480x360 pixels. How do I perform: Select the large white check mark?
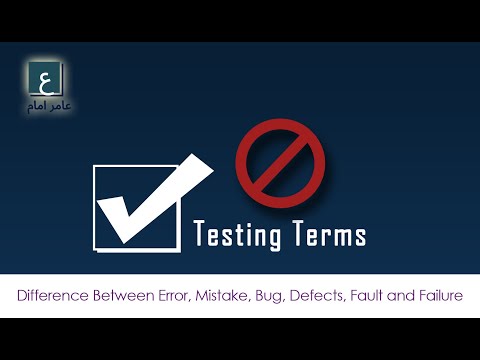(x=150, y=199)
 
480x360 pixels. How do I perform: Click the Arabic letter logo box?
(x=45, y=78)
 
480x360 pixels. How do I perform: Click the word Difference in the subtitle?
(x=51, y=296)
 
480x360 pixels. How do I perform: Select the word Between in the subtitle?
(x=124, y=296)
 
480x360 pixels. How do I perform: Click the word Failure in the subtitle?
(x=443, y=296)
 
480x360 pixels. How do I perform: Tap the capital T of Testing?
(x=199, y=234)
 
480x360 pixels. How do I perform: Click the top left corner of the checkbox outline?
(x=95, y=167)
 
